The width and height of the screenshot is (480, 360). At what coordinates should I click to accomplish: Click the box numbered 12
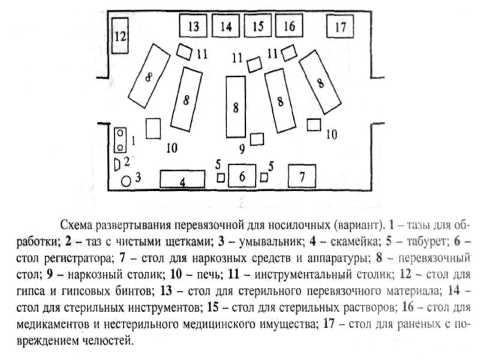pos(121,36)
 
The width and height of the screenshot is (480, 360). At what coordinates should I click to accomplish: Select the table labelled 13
pos(193,26)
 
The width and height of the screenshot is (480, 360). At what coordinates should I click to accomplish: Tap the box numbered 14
pos(226,26)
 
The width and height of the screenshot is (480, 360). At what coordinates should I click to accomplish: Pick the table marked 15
pos(258,26)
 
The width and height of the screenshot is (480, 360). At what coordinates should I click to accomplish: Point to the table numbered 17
pos(341,26)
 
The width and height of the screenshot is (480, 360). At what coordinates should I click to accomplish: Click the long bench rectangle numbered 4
pos(182,179)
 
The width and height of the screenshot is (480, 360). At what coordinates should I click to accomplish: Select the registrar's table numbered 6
pos(242,176)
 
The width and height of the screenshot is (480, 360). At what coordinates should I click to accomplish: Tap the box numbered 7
pos(302,176)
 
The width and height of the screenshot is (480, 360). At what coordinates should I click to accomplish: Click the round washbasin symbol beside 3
pos(126,180)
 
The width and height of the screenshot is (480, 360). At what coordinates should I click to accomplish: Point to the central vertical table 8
pos(236,107)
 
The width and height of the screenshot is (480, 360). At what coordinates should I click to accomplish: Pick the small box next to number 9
pos(257,139)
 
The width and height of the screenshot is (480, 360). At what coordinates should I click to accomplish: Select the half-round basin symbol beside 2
pos(118,163)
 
